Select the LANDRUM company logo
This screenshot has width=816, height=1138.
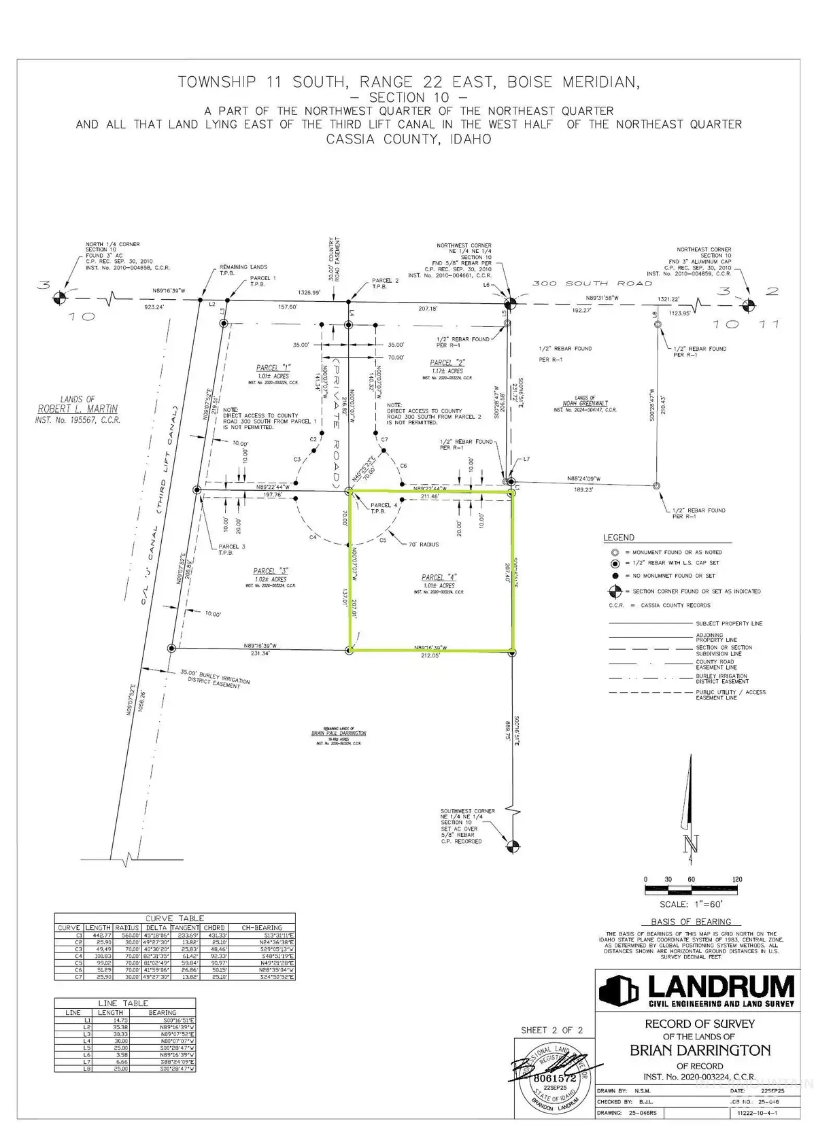tap(696, 990)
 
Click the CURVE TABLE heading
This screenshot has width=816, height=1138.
tap(175, 918)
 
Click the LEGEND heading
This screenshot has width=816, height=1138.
tap(619, 538)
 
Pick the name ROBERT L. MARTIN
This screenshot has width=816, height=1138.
tap(78, 409)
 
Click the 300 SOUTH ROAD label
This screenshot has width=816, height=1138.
tap(592, 283)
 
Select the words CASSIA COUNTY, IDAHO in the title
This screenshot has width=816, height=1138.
tap(408, 139)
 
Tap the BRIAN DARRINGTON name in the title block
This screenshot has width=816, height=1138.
tap(700, 1050)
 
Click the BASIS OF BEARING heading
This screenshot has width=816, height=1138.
tap(691, 922)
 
